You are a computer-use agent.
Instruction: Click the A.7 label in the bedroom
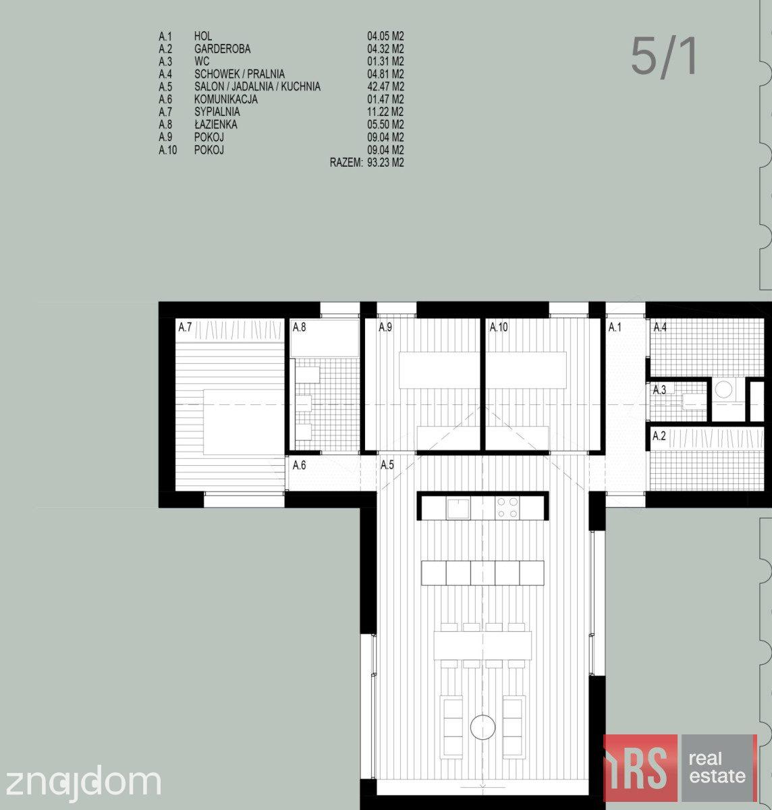pyautogui.click(x=185, y=327)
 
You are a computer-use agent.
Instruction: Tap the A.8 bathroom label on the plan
pyautogui.click(x=299, y=327)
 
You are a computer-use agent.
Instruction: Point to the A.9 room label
pyautogui.click(x=385, y=327)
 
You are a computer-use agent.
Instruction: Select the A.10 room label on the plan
pyautogui.click(x=499, y=327)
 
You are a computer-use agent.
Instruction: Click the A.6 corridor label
pyautogui.click(x=299, y=465)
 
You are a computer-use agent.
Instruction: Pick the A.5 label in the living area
pyautogui.click(x=387, y=465)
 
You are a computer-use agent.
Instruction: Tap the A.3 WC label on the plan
pyautogui.click(x=659, y=389)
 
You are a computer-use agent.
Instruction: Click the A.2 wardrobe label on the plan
pyautogui.click(x=659, y=435)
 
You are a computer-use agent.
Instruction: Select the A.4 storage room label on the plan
pyautogui.click(x=660, y=327)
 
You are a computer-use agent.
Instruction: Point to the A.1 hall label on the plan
pyautogui.click(x=615, y=327)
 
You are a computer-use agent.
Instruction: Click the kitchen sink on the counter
pyautogui.click(x=458, y=508)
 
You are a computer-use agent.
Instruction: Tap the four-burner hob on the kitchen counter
pyautogui.click(x=507, y=508)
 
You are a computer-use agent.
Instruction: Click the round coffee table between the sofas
pyautogui.click(x=482, y=727)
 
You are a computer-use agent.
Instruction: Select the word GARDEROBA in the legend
pyautogui.click(x=222, y=49)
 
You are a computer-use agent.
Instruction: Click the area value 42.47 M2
pyautogui.click(x=385, y=86)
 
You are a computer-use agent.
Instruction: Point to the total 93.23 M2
pyautogui.click(x=385, y=162)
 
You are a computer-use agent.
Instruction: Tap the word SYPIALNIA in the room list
pyautogui.click(x=217, y=111)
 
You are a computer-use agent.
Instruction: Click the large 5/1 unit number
pyautogui.click(x=663, y=57)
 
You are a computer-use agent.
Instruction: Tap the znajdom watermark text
pyautogui.click(x=83, y=782)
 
